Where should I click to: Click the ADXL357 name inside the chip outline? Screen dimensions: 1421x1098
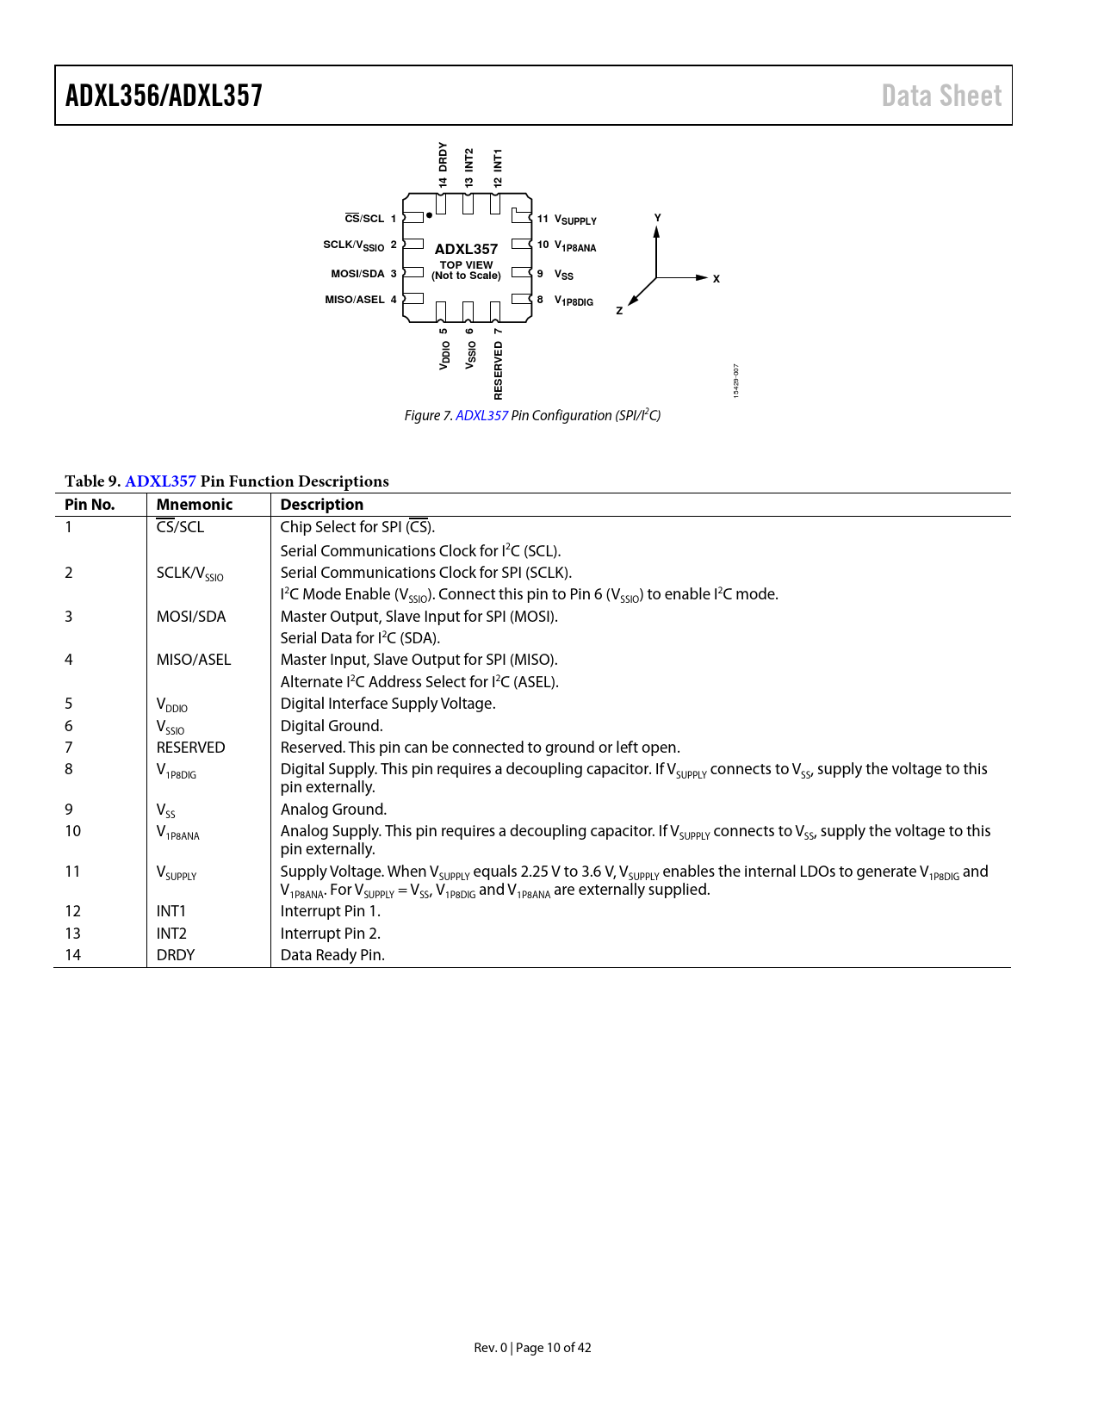466,249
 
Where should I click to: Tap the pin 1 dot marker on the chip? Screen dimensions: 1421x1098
429,215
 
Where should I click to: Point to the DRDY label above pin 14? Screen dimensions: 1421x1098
443,156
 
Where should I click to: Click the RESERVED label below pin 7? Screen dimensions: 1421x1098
498,370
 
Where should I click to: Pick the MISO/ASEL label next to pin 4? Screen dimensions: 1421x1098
355,300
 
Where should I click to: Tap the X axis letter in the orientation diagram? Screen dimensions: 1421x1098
716,279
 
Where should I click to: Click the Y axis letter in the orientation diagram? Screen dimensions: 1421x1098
657,218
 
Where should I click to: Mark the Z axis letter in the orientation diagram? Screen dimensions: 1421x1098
619,311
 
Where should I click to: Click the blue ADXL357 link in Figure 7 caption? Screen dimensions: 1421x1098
481,415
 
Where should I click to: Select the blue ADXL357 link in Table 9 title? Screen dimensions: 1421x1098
160,481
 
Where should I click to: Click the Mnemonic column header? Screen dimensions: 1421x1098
195,505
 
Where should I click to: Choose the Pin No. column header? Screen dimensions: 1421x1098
90,505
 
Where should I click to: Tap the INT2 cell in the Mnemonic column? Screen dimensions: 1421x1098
171,934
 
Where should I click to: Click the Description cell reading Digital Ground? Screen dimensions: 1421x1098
332,726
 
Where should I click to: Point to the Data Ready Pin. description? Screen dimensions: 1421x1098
332,955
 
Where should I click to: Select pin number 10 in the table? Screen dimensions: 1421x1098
73,831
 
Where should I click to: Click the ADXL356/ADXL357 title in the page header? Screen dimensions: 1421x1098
164,96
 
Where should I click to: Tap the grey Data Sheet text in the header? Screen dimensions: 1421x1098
941,96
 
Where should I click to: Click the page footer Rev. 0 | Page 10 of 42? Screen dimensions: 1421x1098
532,1348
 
